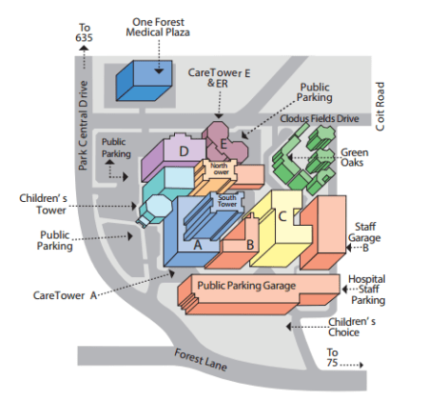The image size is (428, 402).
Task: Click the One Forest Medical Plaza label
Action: click(x=159, y=26)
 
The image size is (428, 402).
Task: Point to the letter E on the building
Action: click(x=224, y=145)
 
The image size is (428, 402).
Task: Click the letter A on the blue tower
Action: click(x=198, y=243)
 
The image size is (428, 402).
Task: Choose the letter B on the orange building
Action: click(x=250, y=244)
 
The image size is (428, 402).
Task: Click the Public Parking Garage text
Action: click(x=246, y=285)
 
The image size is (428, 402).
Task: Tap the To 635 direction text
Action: click(x=85, y=32)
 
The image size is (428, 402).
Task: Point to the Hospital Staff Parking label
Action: click(x=366, y=290)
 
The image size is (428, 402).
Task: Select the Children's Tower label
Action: click(x=41, y=204)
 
